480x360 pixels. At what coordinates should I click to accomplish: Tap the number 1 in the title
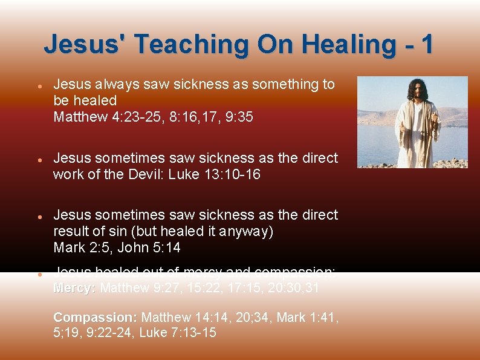(x=426, y=44)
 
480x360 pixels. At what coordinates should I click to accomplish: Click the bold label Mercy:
(x=74, y=289)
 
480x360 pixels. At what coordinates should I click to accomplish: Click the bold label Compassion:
(x=96, y=317)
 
